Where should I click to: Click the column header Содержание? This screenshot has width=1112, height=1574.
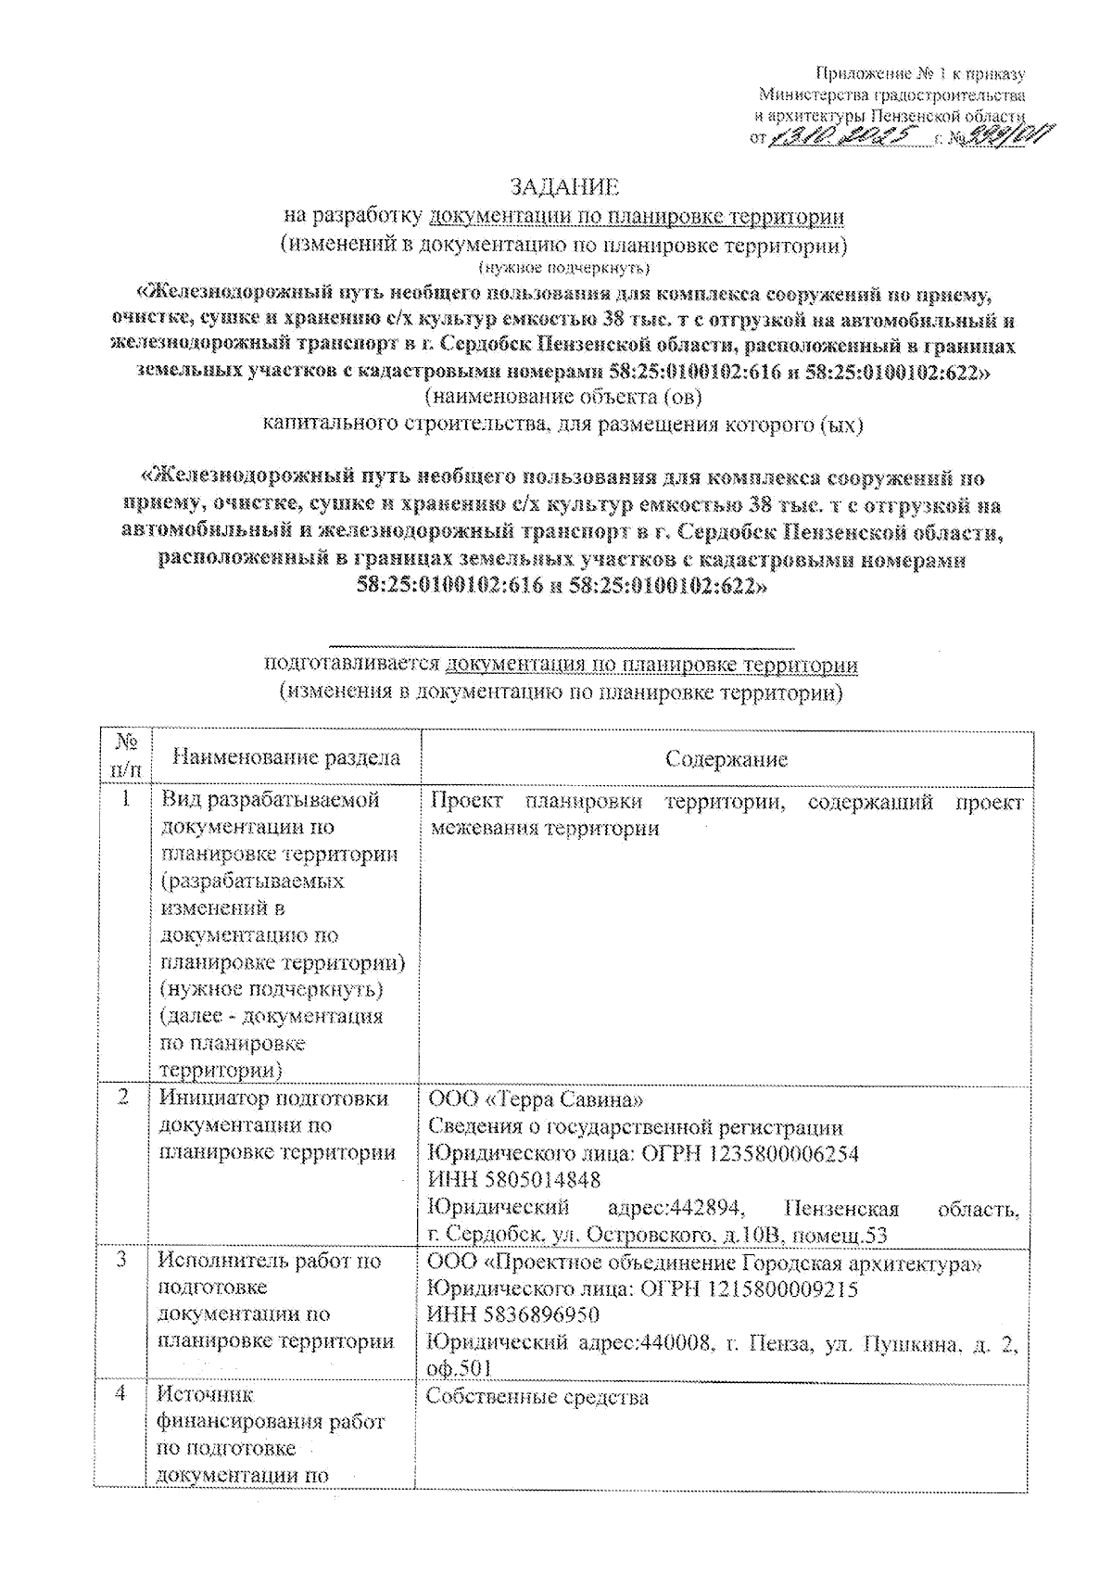727,759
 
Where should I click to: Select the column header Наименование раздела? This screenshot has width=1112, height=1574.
286,757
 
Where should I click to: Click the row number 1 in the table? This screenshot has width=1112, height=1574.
124,798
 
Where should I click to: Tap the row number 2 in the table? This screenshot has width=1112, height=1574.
123,1098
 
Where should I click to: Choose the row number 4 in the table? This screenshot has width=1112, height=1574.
121,1394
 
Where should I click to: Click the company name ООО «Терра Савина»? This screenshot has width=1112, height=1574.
535,1099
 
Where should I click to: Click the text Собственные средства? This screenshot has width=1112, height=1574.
537,1397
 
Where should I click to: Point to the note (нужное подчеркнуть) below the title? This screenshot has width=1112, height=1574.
564,270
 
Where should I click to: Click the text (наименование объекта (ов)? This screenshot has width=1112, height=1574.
563,398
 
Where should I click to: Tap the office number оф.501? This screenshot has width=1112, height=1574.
458,1368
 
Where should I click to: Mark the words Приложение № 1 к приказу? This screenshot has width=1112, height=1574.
919,74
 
